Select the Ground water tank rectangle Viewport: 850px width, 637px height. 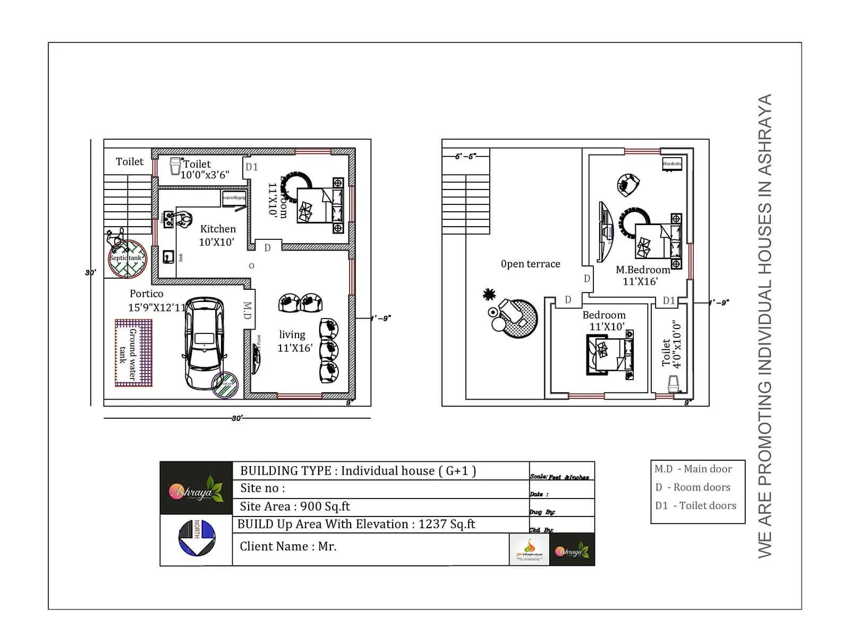tap(133, 352)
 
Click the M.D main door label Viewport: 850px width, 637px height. tap(247, 311)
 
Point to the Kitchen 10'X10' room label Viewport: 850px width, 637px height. tap(217, 235)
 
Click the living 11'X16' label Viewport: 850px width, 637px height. tap(294, 341)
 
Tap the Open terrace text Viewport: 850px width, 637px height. tap(530, 264)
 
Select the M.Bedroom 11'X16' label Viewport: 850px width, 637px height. tap(642, 276)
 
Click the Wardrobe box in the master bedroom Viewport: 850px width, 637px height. tap(671, 163)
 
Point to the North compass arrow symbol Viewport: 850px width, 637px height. tap(197, 538)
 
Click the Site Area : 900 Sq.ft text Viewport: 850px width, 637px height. tap(295, 506)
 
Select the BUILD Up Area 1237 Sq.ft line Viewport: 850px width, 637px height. tap(356, 524)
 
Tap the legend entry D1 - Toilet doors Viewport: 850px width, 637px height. tap(695, 506)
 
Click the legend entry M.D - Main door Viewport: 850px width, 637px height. tap(693, 469)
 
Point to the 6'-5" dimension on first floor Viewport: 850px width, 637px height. tap(465, 157)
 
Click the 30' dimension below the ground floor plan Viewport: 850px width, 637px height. tap(237, 418)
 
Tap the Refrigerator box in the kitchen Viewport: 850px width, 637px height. tap(234, 199)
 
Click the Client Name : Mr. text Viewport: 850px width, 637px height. tap(288, 547)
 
